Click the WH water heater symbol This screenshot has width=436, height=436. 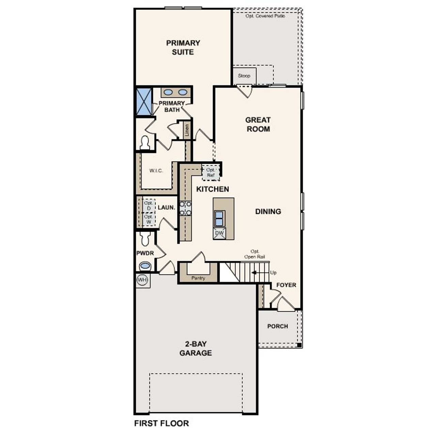[x=142, y=280]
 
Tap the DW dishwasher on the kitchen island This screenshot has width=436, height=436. [x=220, y=233]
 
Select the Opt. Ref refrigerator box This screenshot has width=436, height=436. [x=211, y=172]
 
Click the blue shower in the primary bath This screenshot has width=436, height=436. [x=144, y=102]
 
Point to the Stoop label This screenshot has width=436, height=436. [x=244, y=76]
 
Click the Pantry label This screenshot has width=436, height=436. [x=198, y=278]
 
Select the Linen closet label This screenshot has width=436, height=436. [x=187, y=130]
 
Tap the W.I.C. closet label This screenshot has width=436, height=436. [x=156, y=171]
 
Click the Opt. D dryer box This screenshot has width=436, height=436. [x=149, y=205]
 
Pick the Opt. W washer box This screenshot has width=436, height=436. [x=149, y=219]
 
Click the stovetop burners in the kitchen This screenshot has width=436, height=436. [x=185, y=208]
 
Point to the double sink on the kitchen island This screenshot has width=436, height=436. [x=219, y=219]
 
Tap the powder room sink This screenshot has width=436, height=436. [x=145, y=266]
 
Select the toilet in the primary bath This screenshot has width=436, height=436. [x=145, y=143]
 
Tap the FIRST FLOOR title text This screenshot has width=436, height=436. [x=161, y=423]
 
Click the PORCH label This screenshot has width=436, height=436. [x=278, y=326]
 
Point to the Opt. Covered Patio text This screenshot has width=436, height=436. [x=265, y=16]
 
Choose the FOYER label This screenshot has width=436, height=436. [x=286, y=285]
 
